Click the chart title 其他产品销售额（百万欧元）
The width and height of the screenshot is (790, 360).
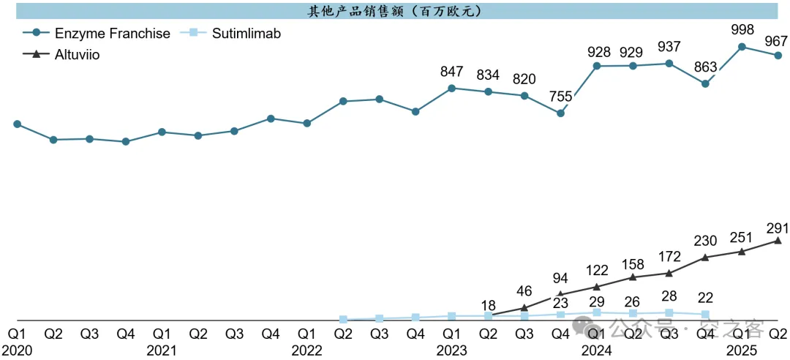click(395, 11)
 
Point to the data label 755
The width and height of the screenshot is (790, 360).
click(560, 97)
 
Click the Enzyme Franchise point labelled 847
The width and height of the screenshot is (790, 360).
click(452, 89)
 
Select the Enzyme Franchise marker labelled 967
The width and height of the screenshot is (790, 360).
click(778, 56)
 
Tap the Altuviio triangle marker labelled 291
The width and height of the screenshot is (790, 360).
click(778, 240)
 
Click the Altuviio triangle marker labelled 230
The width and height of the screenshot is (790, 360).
click(705, 257)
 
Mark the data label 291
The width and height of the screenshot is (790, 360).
click(778, 226)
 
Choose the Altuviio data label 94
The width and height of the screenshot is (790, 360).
click(560, 278)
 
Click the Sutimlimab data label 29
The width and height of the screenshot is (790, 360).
click(597, 301)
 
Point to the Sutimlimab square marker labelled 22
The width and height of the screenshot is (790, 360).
click(705, 315)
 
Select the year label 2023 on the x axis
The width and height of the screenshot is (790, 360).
click(451, 350)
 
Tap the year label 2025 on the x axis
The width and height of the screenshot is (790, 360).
click(742, 350)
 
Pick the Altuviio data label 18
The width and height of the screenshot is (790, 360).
click(489, 305)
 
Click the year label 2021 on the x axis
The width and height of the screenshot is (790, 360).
click(161, 350)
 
